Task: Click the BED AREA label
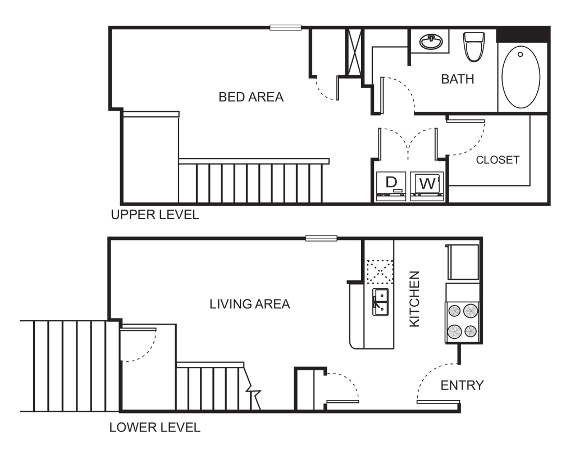tap(251, 97)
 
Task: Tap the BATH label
tap(458, 79)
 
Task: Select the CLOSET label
tap(498, 160)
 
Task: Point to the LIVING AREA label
tap(250, 304)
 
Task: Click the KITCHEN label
tap(415, 299)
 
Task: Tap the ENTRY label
tap(462, 386)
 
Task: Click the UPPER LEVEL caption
tap(154, 215)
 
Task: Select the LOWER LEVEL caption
tap(154, 428)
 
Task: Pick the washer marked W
tap(428, 184)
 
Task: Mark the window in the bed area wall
tap(286, 27)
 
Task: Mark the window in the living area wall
tap(321, 239)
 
